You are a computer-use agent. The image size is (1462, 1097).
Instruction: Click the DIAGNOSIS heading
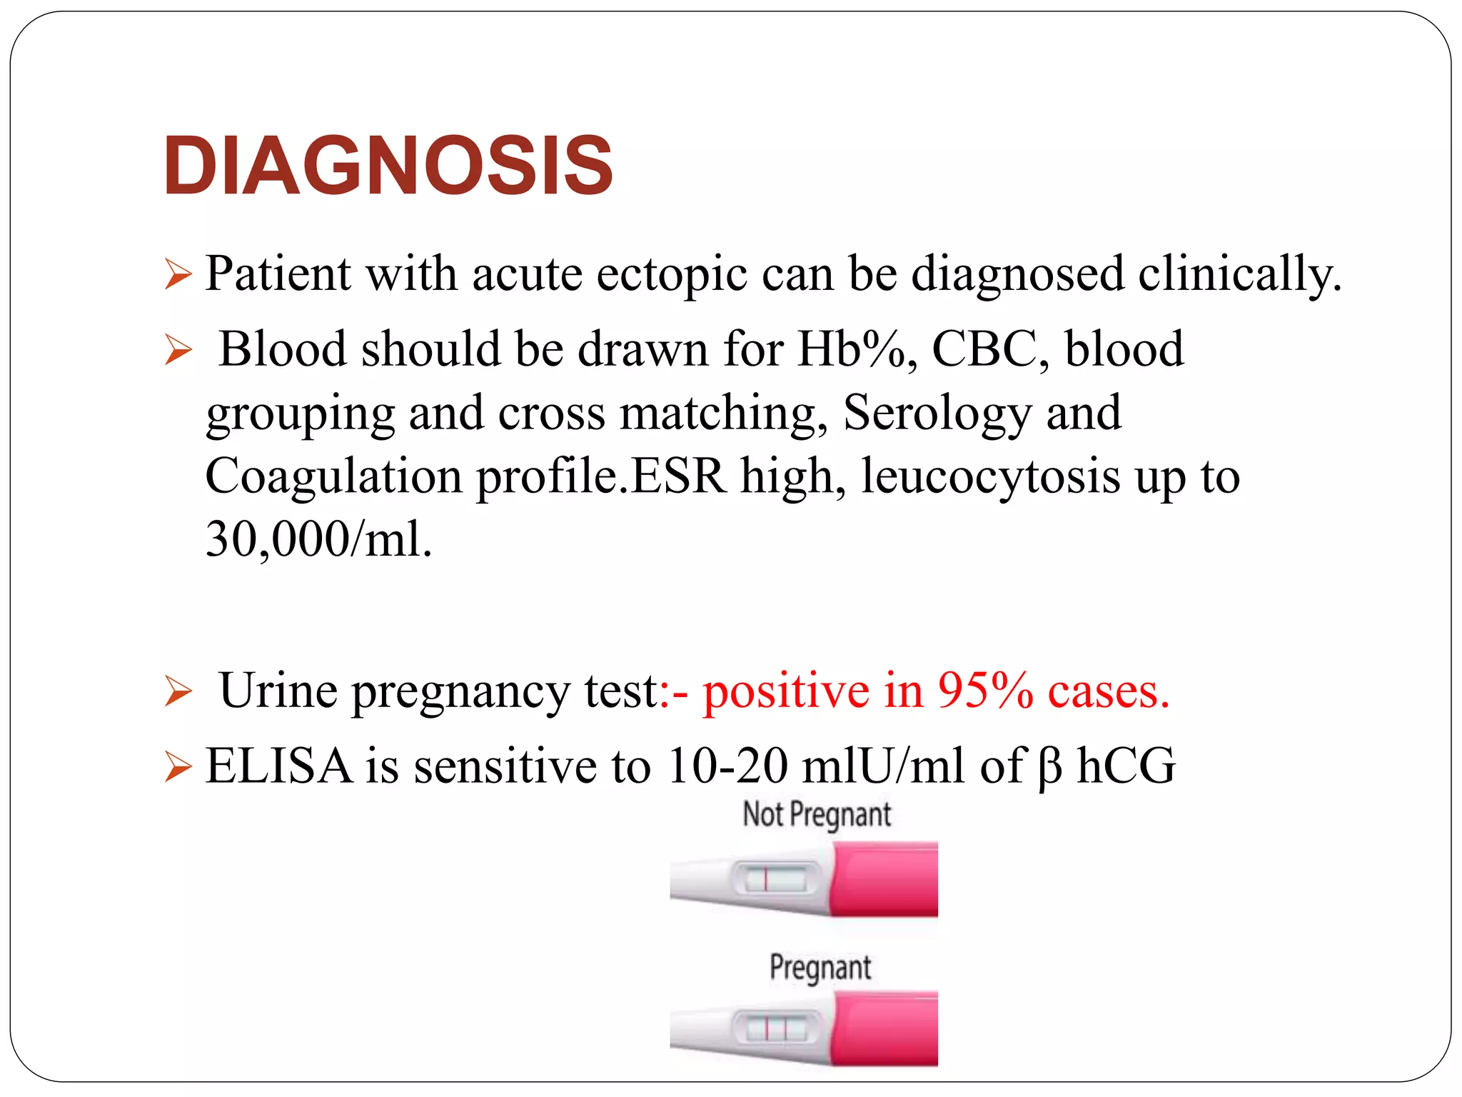388,166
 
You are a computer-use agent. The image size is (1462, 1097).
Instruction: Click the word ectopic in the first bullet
672,274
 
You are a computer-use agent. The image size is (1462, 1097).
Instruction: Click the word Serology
937,414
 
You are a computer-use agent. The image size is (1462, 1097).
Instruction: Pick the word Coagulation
333,476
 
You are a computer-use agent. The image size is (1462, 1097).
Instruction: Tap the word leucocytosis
990,476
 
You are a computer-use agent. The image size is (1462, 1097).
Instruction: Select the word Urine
278,691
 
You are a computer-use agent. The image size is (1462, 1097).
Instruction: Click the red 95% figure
985,691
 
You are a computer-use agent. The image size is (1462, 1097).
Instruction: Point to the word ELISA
278,766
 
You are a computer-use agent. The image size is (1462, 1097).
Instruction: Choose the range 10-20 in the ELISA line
726,766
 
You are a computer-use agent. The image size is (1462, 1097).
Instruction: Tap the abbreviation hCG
1126,766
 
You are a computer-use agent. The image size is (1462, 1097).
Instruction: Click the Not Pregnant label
817,814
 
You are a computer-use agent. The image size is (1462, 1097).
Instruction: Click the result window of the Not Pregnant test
775,878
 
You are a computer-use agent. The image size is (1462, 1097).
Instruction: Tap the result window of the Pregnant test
775,1028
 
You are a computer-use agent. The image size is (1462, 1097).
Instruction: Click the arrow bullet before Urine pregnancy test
178,691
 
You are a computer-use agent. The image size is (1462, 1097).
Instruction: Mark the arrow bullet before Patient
178,275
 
